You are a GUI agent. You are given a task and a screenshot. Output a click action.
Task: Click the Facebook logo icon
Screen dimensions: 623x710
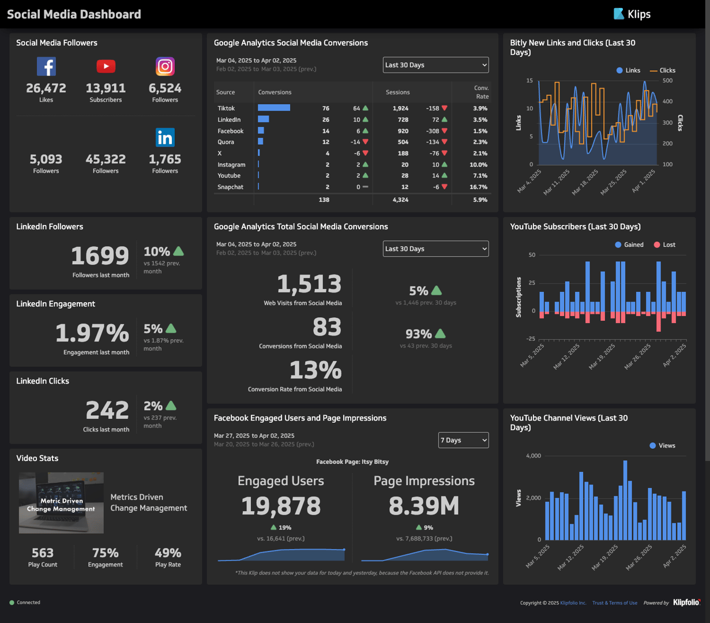coord(46,66)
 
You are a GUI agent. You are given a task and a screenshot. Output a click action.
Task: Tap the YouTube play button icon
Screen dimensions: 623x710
coord(106,66)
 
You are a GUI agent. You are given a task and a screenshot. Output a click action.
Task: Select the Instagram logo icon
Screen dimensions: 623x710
coord(165,66)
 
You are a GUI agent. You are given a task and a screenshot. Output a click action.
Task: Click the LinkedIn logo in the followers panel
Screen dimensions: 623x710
coord(165,137)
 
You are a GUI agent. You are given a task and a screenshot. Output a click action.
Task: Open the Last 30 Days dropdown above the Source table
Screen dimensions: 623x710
coord(435,65)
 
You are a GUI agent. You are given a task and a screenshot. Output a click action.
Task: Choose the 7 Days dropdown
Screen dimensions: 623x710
coord(463,440)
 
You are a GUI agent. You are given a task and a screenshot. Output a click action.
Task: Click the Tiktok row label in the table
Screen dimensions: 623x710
coord(226,108)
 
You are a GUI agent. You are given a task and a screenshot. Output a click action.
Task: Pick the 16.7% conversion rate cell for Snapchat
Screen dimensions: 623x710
coord(478,187)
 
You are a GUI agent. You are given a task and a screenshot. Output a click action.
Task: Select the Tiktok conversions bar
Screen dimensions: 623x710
coord(274,108)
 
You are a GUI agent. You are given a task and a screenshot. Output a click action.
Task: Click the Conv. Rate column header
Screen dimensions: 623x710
coord(481,92)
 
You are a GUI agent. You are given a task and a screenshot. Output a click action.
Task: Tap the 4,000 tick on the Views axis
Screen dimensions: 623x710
coord(533,456)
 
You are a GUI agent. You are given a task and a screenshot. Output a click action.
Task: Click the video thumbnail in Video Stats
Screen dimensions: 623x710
coord(61,502)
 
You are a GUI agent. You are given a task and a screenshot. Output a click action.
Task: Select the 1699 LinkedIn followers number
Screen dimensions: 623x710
coord(100,256)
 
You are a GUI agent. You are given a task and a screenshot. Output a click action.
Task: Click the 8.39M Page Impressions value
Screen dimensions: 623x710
coord(424,506)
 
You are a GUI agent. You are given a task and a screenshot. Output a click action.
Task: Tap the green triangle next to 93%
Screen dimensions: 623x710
coord(440,333)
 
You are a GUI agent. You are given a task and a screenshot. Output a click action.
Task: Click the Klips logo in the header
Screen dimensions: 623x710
coord(632,14)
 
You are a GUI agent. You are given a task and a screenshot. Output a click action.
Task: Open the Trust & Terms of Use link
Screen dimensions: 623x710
coord(614,603)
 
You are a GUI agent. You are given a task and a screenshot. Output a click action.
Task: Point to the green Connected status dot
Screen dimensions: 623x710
coord(12,603)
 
